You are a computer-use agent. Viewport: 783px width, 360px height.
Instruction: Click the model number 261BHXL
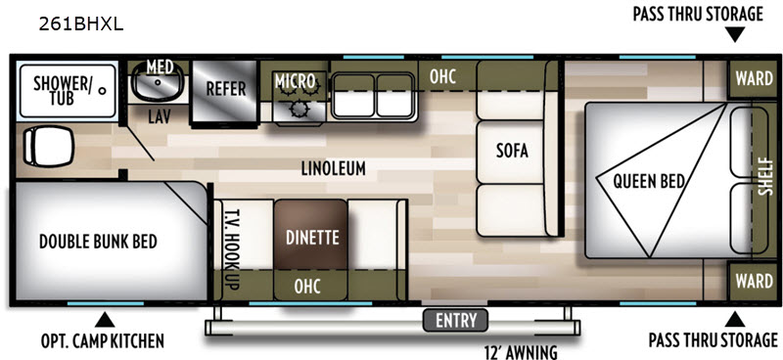coord(81,25)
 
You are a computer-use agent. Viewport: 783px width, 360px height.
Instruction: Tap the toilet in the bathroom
coord(48,146)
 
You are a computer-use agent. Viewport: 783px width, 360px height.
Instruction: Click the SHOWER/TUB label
coord(62,90)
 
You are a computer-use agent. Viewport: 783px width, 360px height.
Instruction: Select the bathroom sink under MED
coord(158,84)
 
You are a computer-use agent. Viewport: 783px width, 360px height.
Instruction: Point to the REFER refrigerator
coord(225,91)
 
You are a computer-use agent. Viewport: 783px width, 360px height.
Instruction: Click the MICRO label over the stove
coord(296,80)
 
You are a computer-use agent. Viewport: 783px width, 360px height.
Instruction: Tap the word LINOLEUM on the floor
coord(333,169)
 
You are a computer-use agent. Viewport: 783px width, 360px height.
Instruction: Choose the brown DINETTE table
coord(310,235)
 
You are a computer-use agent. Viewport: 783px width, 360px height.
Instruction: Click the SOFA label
coord(512,151)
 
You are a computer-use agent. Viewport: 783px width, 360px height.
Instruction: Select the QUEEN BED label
coord(649,181)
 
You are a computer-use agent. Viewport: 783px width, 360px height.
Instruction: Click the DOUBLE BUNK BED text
coord(99,242)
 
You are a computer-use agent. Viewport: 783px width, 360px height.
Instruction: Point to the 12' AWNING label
coord(521,351)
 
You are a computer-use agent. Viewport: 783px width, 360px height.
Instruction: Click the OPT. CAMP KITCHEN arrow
coord(105,320)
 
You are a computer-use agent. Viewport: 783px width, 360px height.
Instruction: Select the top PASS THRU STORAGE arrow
coord(735,35)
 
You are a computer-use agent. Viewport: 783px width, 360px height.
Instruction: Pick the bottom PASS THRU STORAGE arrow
coord(735,319)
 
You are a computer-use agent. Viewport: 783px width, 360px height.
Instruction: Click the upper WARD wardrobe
coord(753,79)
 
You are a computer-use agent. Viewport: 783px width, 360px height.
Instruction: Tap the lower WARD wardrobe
coord(753,281)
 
